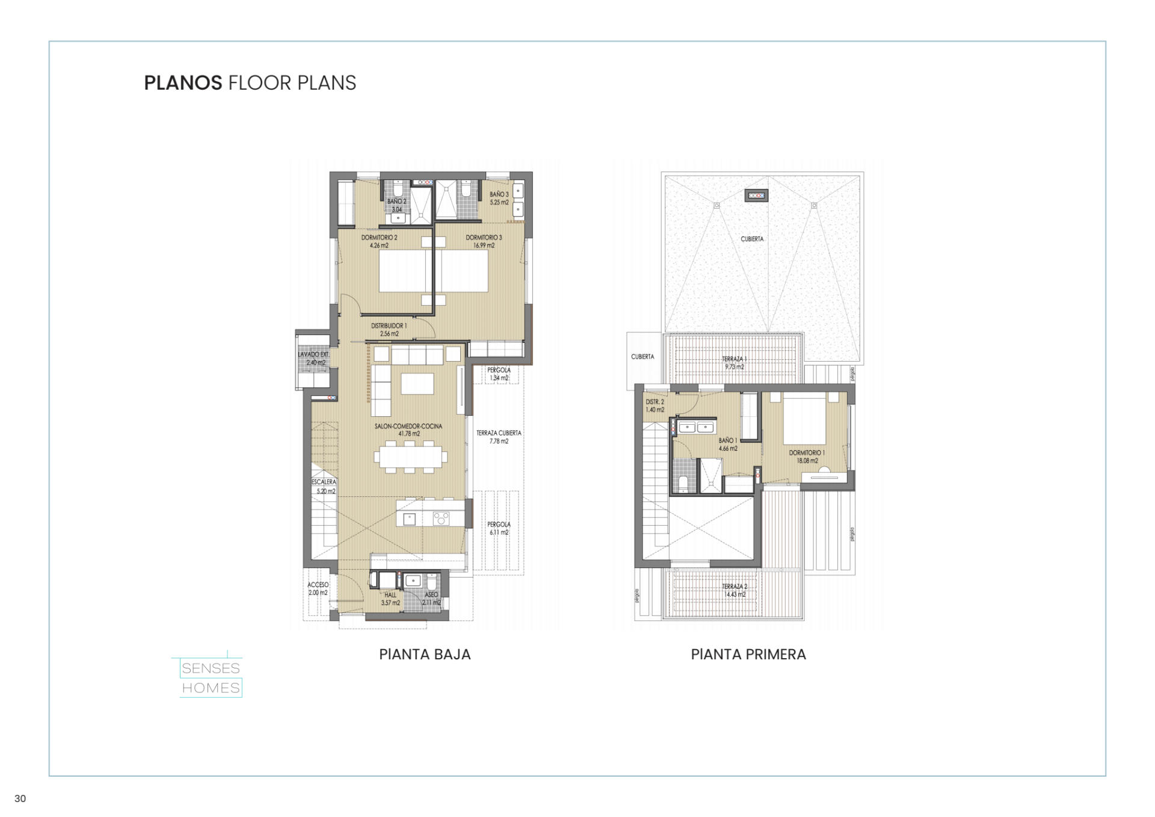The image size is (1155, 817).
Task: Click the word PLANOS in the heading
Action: (x=183, y=83)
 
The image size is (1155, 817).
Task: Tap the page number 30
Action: (x=20, y=798)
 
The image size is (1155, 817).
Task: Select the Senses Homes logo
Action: (x=211, y=678)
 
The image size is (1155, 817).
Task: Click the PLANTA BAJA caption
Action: (x=425, y=655)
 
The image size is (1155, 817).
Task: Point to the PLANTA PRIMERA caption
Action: (x=748, y=655)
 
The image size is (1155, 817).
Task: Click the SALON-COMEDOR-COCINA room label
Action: (x=408, y=427)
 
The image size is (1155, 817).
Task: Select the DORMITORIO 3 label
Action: (x=484, y=238)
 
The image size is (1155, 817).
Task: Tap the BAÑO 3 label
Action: (x=499, y=194)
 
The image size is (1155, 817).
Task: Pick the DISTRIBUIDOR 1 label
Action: (x=389, y=326)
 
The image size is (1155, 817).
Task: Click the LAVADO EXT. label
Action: (x=313, y=355)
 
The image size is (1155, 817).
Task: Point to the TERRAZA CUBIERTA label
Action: (x=499, y=433)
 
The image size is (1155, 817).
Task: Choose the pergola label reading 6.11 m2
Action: (x=499, y=528)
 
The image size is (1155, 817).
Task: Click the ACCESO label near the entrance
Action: (x=318, y=585)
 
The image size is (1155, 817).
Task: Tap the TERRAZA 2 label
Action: (x=735, y=587)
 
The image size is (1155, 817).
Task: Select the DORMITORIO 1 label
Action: (x=807, y=453)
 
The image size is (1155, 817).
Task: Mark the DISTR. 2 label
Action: (x=654, y=402)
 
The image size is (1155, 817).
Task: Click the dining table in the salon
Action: (x=411, y=457)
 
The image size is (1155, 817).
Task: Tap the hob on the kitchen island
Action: (x=441, y=518)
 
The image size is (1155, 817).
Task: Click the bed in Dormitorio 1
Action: (x=803, y=419)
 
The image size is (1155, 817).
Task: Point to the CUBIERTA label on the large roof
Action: (x=752, y=239)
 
